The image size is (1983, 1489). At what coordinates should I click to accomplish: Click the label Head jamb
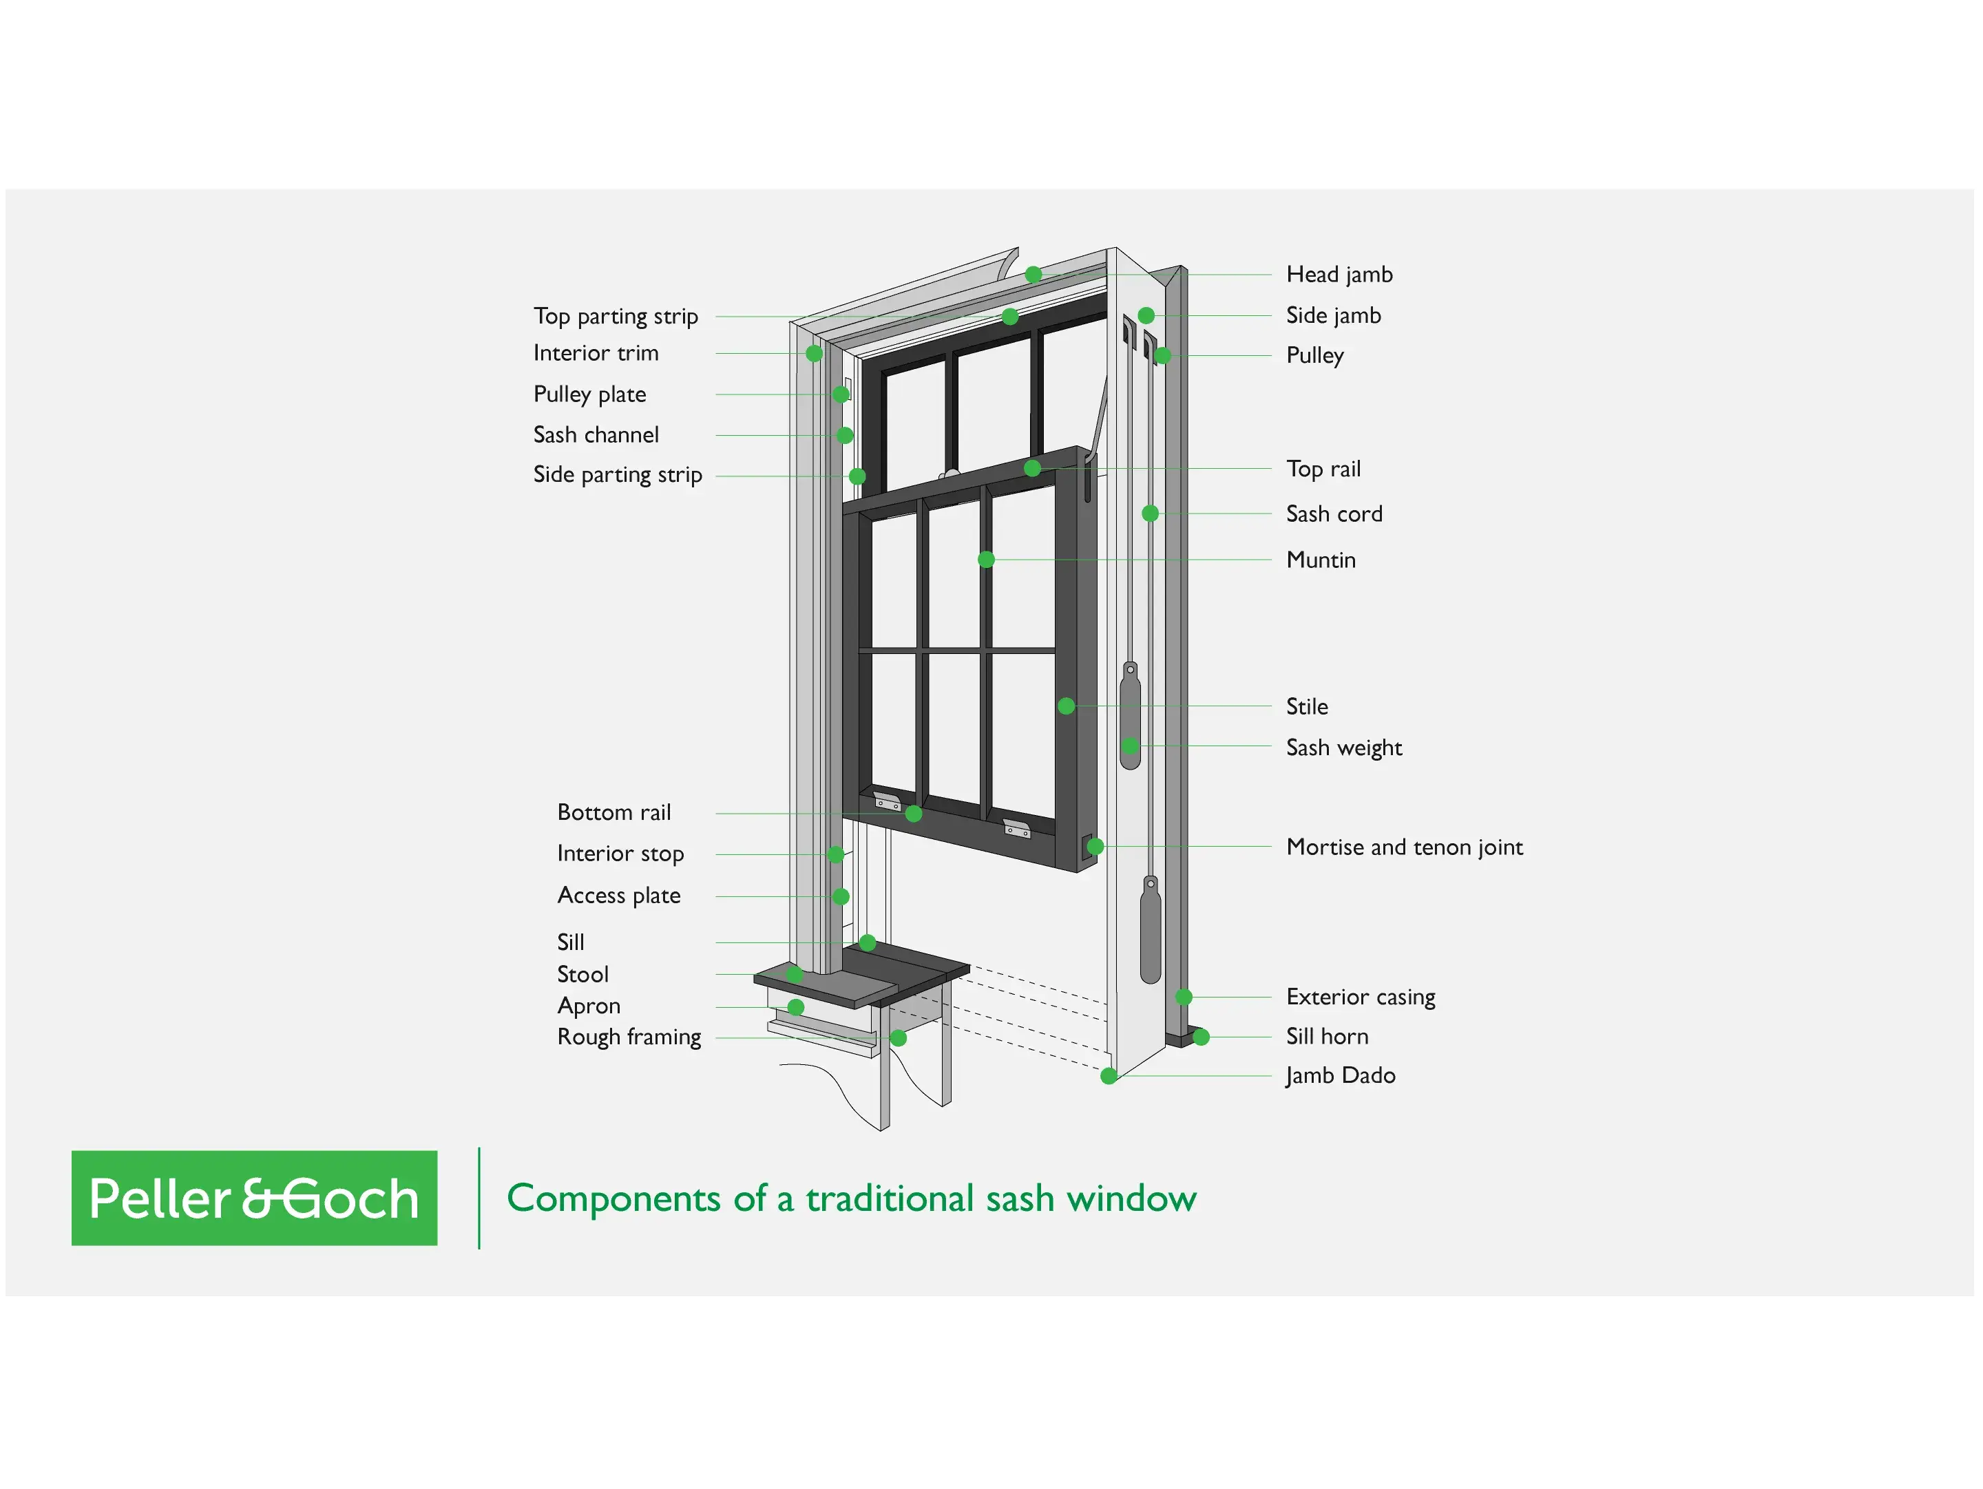coord(1339,274)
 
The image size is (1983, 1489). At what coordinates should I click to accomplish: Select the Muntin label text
coord(1321,560)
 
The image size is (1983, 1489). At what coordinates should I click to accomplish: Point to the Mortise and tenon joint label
coord(1404,847)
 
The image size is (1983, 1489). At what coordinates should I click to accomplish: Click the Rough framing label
coord(629,1037)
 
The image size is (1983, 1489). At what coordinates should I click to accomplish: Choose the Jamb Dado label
coord(1340,1076)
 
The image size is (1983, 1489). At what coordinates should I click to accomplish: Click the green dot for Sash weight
coord(1131,746)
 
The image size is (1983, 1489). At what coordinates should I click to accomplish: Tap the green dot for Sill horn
coord(1202,1037)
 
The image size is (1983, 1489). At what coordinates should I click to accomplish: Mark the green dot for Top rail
coord(1033,468)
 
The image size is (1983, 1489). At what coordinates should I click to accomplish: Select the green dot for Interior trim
coord(814,353)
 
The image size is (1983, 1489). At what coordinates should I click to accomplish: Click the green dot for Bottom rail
coord(914,814)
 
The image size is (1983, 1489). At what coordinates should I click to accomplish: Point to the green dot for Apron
coord(795,1008)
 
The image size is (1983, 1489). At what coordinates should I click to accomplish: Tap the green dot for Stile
coord(1066,706)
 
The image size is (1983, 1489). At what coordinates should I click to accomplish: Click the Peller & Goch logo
coord(255,1198)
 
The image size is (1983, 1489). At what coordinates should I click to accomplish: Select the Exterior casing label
coord(1360,997)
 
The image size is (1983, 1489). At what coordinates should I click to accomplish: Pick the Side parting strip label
coord(617,475)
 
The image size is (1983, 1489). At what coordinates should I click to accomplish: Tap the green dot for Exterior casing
coord(1184,997)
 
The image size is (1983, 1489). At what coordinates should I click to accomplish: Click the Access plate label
coord(618,896)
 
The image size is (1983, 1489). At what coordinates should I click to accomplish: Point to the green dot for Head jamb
coord(1034,274)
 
